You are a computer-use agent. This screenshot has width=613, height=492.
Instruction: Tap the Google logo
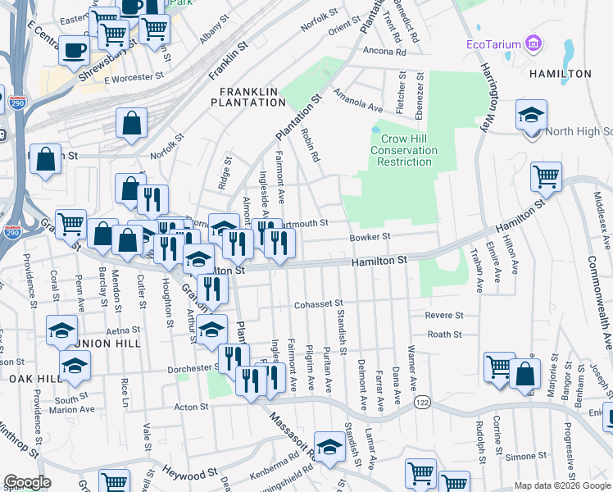click(27, 482)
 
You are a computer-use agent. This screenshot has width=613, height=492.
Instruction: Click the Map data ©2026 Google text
click(562, 485)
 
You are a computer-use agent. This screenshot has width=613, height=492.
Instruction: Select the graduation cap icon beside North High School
click(531, 116)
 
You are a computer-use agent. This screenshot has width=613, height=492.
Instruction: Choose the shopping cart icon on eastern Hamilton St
click(546, 176)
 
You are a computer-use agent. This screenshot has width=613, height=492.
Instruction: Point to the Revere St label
click(444, 315)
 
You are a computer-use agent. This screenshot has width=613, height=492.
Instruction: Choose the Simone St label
click(525, 456)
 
